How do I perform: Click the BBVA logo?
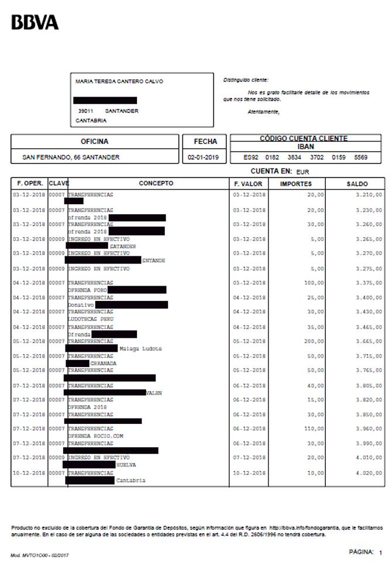pyautogui.click(x=36, y=23)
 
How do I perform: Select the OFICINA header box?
pyautogui.click(x=94, y=141)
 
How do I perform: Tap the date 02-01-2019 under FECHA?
pyautogui.click(x=202, y=157)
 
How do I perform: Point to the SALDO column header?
pyautogui.click(x=357, y=183)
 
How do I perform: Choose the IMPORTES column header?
pyautogui.click(x=295, y=183)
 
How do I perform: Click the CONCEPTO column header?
pyautogui.click(x=156, y=183)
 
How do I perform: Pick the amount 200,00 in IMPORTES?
pyautogui.click(x=314, y=341)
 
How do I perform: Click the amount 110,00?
pyautogui.click(x=314, y=429)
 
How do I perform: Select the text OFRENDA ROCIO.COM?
pyautogui.click(x=95, y=436)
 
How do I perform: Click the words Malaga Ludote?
pyautogui.click(x=140, y=348)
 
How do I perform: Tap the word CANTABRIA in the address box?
pyautogui.click(x=91, y=121)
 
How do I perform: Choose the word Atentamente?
pyautogui.click(x=263, y=112)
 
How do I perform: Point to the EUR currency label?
pyautogui.click(x=302, y=172)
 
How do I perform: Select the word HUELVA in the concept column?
pyautogui.click(x=126, y=465)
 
